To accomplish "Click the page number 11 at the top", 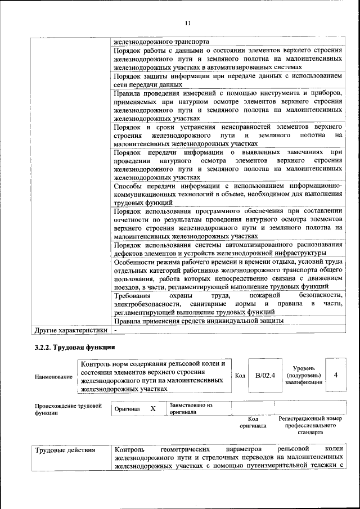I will click(188, 22).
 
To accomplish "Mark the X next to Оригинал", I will click(152, 409).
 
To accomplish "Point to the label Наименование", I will click(53, 376).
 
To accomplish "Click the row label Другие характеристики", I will click(70, 330).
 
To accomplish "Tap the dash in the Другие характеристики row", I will click(115, 330).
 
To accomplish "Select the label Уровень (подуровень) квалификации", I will click(304, 375).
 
